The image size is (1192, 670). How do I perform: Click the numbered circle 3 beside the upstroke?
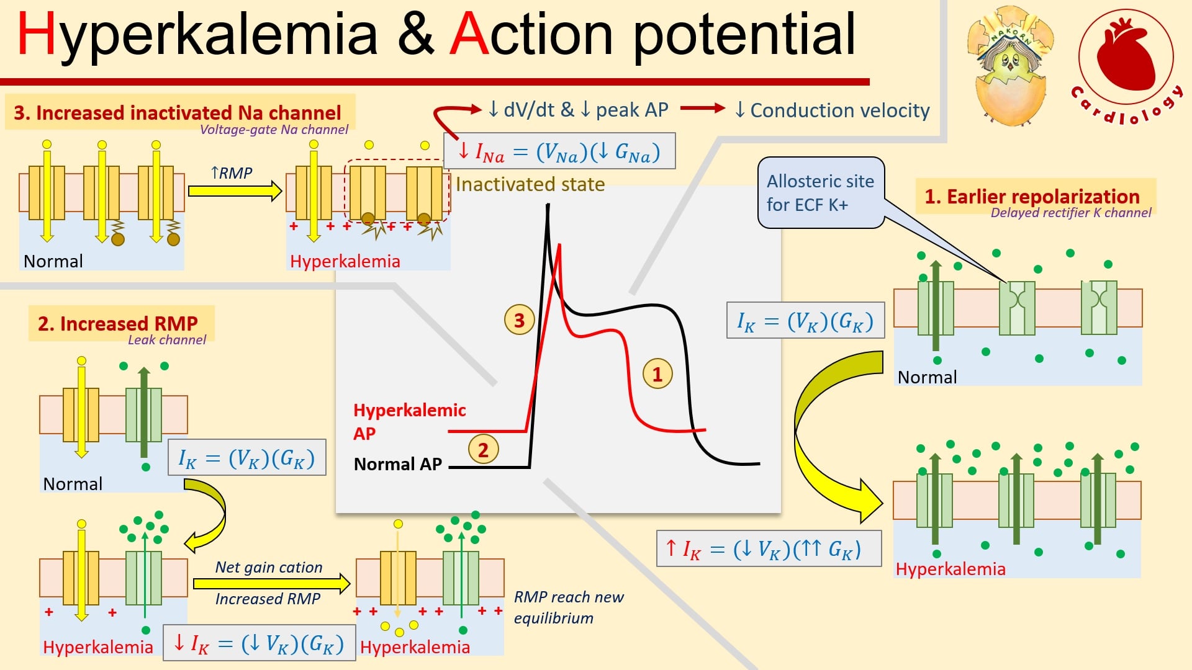tap(519, 319)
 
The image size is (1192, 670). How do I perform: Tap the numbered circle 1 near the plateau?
tap(657, 373)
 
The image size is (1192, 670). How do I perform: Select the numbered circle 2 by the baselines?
tap(483, 449)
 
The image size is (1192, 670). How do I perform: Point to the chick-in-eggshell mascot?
tap(1011, 65)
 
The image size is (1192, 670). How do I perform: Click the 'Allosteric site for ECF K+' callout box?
tap(821, 192)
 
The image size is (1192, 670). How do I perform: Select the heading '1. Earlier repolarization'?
tap(1032, 196)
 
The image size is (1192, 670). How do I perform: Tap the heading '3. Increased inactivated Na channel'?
tap(177, 112)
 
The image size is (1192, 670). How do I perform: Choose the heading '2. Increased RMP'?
tap(117, 323)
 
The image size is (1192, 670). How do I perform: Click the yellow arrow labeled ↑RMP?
tap(235, 190)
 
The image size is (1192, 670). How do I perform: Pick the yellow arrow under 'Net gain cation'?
tap(271, 583)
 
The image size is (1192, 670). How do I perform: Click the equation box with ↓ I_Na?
tap(559, 151)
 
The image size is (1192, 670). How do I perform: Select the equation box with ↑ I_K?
tap(769, 548)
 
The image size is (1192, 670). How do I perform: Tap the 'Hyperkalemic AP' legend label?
tap(409, 421)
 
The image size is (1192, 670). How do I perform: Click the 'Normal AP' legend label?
tap(397, 464)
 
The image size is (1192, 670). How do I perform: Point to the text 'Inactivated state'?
tap(530, 184)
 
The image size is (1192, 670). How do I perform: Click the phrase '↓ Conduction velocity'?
tap(832, 110)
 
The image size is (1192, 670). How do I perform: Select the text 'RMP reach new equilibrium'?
tap(569, 607)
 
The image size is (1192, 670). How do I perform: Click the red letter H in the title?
tap(37, 35)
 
